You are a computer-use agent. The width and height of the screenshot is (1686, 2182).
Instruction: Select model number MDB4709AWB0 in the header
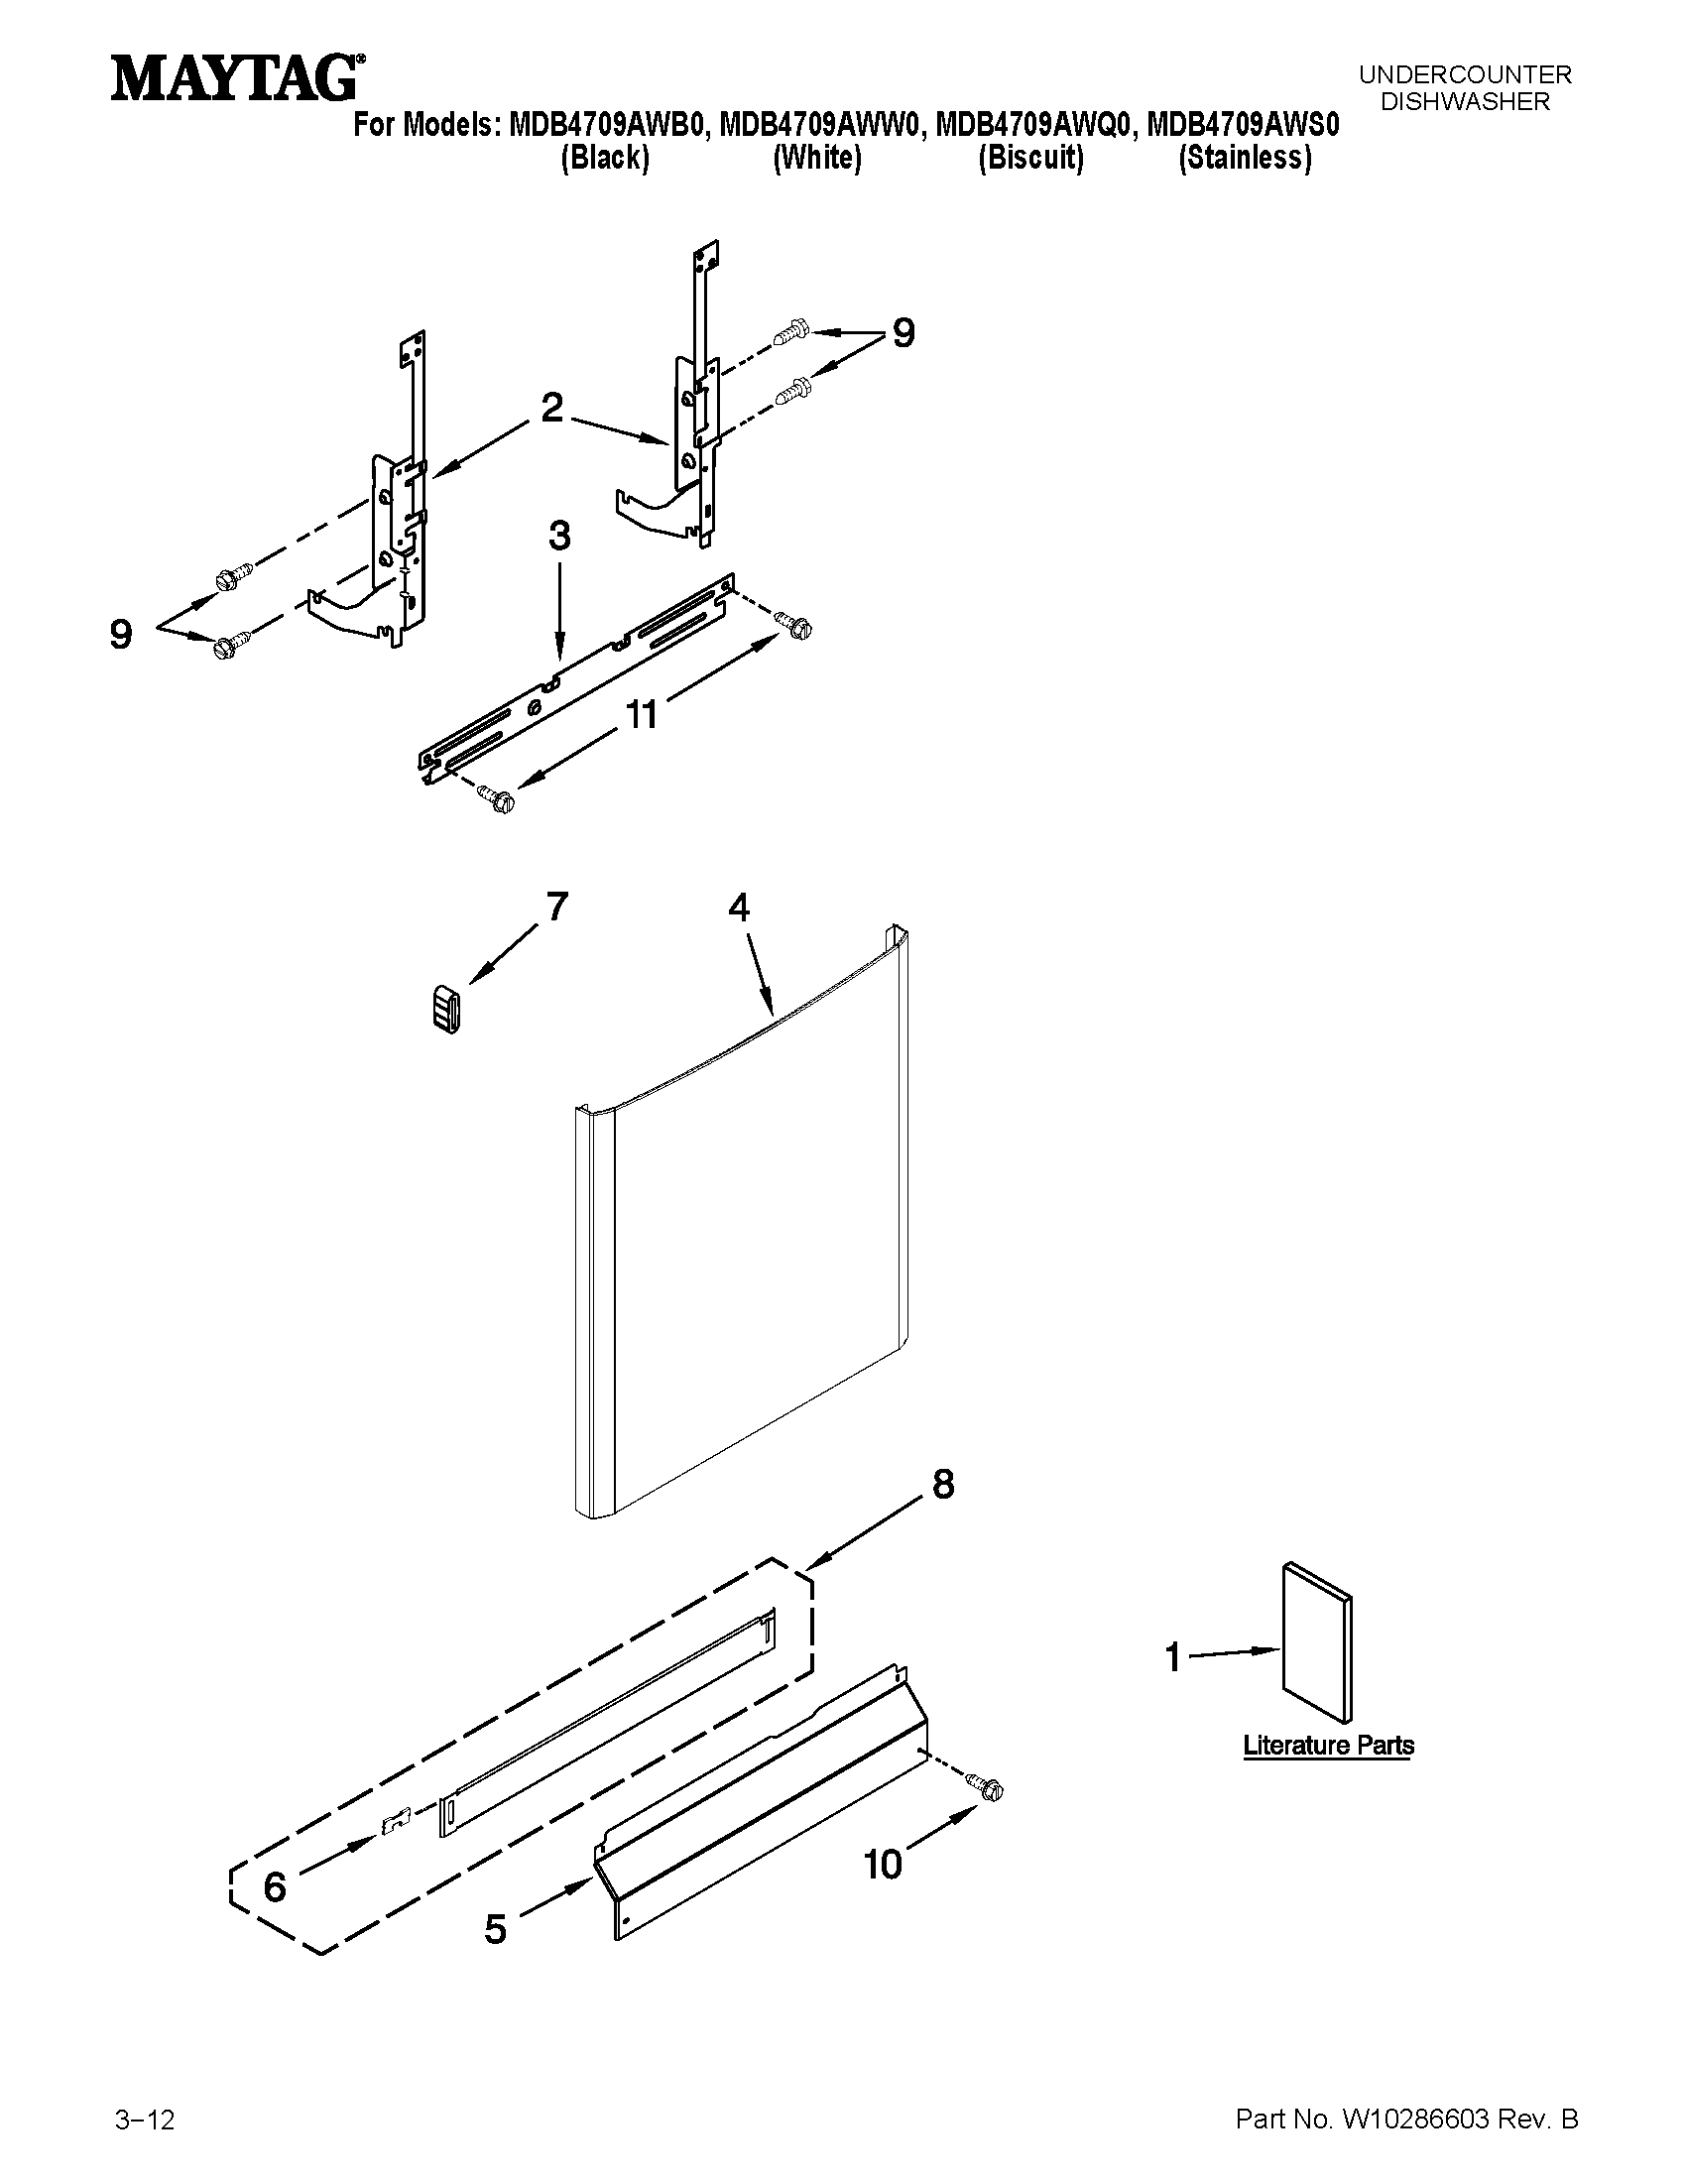[609, 125]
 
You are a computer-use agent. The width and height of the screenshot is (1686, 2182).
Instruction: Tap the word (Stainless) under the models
[1245, 158]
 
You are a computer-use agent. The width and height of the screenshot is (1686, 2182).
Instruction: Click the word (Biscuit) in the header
[1030, 158]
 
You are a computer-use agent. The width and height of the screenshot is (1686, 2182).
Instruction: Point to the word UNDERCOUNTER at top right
[1464, 75]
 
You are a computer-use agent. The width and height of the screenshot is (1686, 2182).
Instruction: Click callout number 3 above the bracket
[559, 536]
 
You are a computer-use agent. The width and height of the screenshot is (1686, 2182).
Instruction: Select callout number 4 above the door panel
[738, 908]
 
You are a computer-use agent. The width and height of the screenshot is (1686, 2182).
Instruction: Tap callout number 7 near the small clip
[556, 907]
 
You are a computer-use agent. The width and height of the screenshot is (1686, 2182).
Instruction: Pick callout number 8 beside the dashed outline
[943, 1485]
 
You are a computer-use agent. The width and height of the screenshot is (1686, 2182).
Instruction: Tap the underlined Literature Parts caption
[1327, 1746]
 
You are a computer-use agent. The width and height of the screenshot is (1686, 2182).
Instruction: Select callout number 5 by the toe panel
[496, 1929]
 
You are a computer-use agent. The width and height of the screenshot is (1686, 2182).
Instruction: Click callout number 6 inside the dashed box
[275, 1887]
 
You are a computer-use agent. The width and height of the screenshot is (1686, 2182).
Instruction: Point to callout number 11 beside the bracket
[642, 714]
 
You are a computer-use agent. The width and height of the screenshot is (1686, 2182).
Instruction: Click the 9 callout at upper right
[903, 332]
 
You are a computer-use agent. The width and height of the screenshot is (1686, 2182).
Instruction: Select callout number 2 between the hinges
[551, 408]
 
